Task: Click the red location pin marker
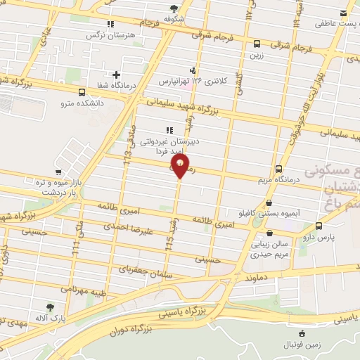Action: [x=181, y=167]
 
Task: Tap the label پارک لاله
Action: [x=50, y=319]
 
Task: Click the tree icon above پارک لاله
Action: [x=50, y=307]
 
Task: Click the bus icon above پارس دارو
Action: [x=320, y=226]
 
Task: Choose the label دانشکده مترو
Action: [x=81, y=103]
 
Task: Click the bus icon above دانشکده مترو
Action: [x=82, y=92]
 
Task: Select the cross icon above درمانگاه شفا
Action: [x=117, y=75]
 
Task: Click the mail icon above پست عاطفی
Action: [x=343, y=13]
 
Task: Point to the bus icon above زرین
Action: [x=257, y=42]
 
